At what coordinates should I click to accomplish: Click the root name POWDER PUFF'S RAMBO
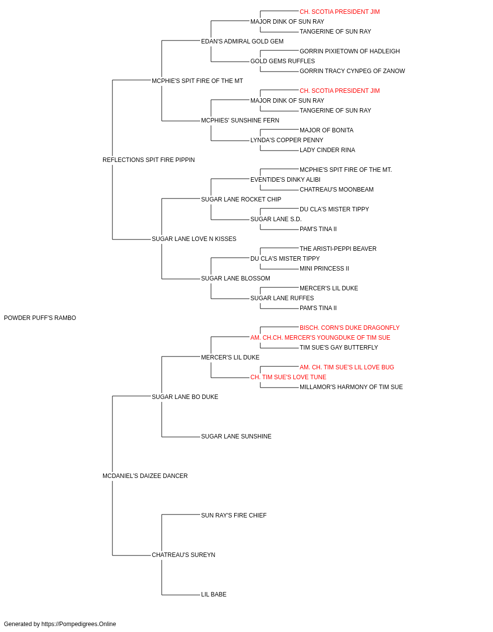(40, 318)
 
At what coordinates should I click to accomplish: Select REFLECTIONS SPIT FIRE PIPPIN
(148, 160)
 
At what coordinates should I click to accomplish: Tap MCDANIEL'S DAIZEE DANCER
(145, 476)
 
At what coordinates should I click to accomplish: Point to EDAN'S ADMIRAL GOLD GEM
(242, 41)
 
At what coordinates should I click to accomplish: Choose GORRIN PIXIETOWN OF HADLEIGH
(350, 51)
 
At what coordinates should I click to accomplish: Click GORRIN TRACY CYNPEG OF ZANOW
(352, 71)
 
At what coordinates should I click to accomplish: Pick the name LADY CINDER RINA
(327, 150)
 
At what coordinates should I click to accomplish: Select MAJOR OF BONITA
(326, 130)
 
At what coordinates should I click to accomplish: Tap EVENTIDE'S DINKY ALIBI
(285, 180)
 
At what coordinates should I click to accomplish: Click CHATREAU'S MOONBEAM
(337, 190)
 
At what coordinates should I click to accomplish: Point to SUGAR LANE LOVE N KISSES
(194, 239)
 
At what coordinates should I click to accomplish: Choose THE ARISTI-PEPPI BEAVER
(338, 249)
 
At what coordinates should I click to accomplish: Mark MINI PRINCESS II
(324, 269)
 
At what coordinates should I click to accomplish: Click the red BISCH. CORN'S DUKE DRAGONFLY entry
(350, 328)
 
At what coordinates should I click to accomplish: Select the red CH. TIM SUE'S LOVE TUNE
(288, 377)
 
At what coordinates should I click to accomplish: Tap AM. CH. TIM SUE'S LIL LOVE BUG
(347, 367)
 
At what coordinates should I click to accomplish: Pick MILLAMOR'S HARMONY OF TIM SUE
(351, 387)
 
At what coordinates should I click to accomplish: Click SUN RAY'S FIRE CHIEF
(234, 515)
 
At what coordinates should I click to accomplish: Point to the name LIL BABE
(213, 594)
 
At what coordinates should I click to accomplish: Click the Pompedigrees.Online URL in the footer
(79, 624)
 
